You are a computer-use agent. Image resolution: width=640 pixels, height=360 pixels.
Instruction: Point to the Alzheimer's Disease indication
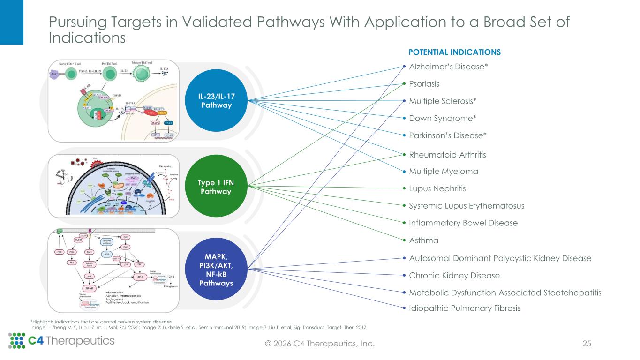tap(449, 67)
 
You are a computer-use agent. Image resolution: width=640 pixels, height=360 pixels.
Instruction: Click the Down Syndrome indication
tap(443, 118)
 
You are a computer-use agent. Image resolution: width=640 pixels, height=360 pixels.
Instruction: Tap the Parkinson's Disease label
tap(448, 135)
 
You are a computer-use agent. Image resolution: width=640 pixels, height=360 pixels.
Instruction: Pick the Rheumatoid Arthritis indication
tap(448, 154)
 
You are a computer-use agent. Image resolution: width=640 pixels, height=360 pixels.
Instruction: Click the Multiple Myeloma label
tap(444, 172)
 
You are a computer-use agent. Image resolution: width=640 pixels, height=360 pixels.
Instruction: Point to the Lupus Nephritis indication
tap(437, 188)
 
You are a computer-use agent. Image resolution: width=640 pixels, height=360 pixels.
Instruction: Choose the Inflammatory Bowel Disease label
tap(463, 223)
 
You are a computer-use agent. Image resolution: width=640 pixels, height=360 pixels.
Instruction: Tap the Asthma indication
tap(424, 240)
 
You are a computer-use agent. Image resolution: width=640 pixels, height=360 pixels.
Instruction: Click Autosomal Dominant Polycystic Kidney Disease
tap(500, 258)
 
